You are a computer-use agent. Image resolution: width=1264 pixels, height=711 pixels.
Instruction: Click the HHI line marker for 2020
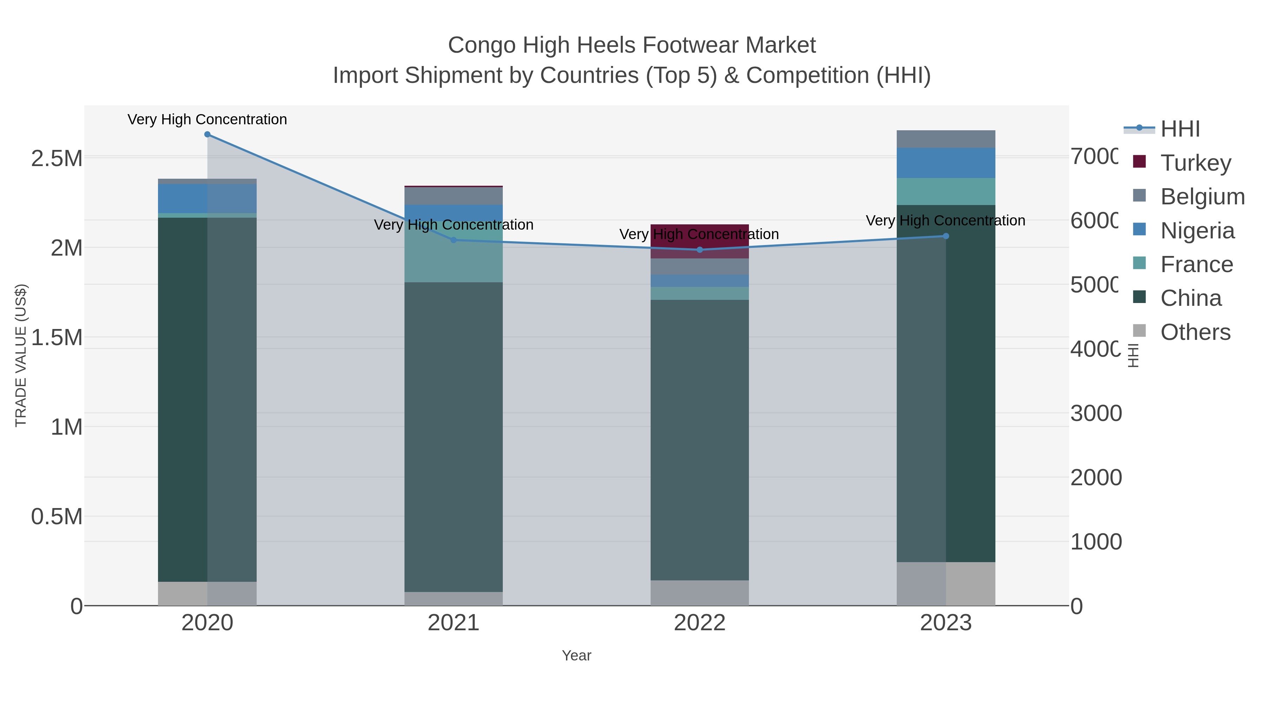pos(207,134)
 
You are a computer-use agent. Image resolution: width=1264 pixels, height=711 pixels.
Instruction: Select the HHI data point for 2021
pos(453,240)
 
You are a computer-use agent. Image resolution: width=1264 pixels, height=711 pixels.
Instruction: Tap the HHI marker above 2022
pos(700,250)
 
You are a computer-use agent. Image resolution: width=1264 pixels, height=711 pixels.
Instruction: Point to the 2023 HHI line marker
pos(946,236)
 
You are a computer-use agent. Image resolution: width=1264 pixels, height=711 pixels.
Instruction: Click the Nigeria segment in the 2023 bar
pos(946,163)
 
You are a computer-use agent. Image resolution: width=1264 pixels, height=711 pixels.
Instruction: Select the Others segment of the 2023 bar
pos(946,584)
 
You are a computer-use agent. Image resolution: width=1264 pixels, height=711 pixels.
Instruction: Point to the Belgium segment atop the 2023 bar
pos(946,139)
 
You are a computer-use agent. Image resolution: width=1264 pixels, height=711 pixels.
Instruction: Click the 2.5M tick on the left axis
pos(57,158)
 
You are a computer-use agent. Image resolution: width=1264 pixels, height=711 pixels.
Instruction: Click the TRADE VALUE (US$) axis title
pos(21,355)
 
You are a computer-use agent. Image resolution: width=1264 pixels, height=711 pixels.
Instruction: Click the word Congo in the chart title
pos(481,45)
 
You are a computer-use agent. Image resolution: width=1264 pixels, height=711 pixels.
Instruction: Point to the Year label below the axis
pos(577,656)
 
